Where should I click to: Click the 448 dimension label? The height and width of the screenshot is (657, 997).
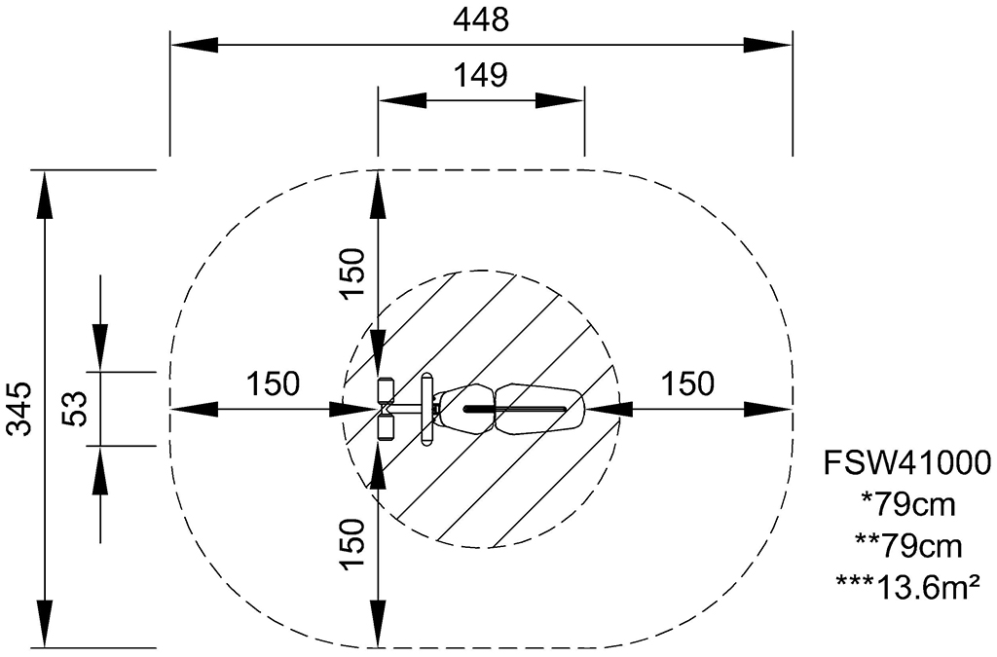point(481,19)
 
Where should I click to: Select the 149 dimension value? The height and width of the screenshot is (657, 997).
point(481,75)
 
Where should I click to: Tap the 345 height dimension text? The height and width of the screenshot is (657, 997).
point(19,409)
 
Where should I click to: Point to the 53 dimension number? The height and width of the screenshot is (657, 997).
point(74,409)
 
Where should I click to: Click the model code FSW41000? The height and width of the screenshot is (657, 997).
point(907,462)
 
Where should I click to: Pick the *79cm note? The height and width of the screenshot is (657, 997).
point(908,504)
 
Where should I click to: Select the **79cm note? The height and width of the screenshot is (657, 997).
point(908,546)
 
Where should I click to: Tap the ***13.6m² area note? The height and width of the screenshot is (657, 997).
point(908,587)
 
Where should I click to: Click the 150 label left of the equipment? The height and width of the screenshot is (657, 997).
point(273,383)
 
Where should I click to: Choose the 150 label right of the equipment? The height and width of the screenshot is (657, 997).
point(688,383)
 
